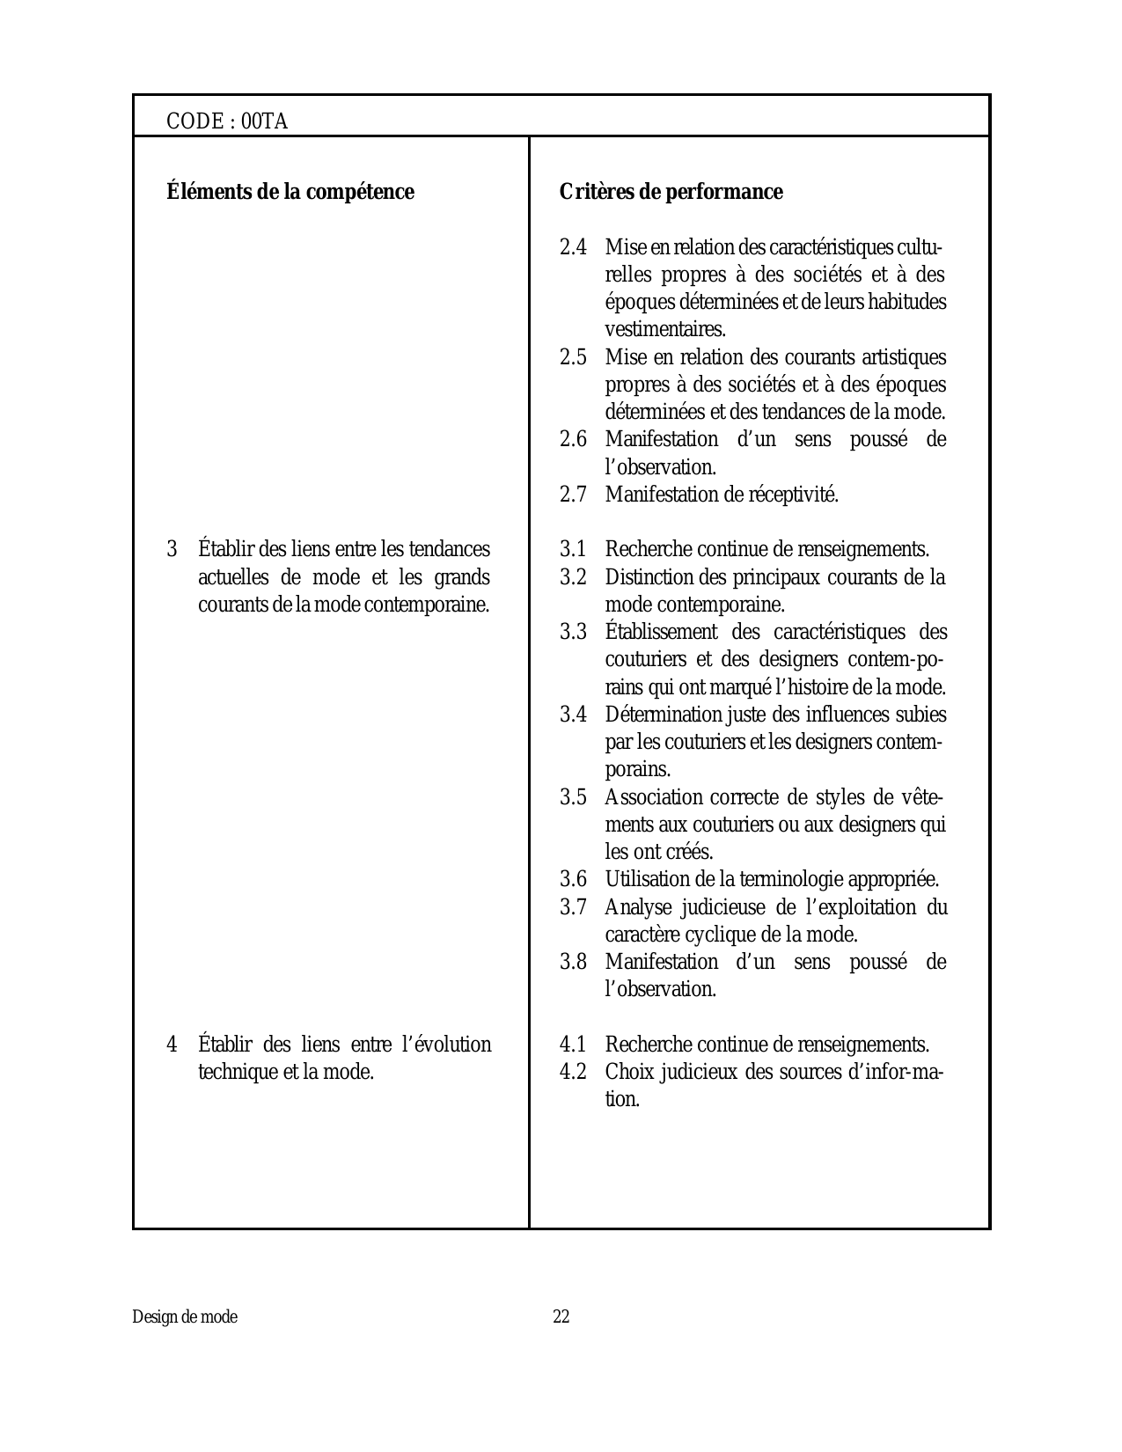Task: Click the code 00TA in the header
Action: [x=264, y=121]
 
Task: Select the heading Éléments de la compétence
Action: [x=290, y=192]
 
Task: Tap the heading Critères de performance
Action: [x=671, y=192]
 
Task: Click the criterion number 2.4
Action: [x=573, y=247]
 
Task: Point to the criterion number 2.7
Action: [x=573, y=495]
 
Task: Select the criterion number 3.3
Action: [x=573, y=632]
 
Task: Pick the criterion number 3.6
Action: [x=573, y=879]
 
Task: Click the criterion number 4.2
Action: [x=573, y=1072]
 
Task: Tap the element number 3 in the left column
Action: [x=172, y=550]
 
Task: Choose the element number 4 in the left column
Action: [x=172, y=1045]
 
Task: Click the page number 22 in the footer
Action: [x=561, y=1317]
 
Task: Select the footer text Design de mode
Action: [x=185, y=1317]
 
